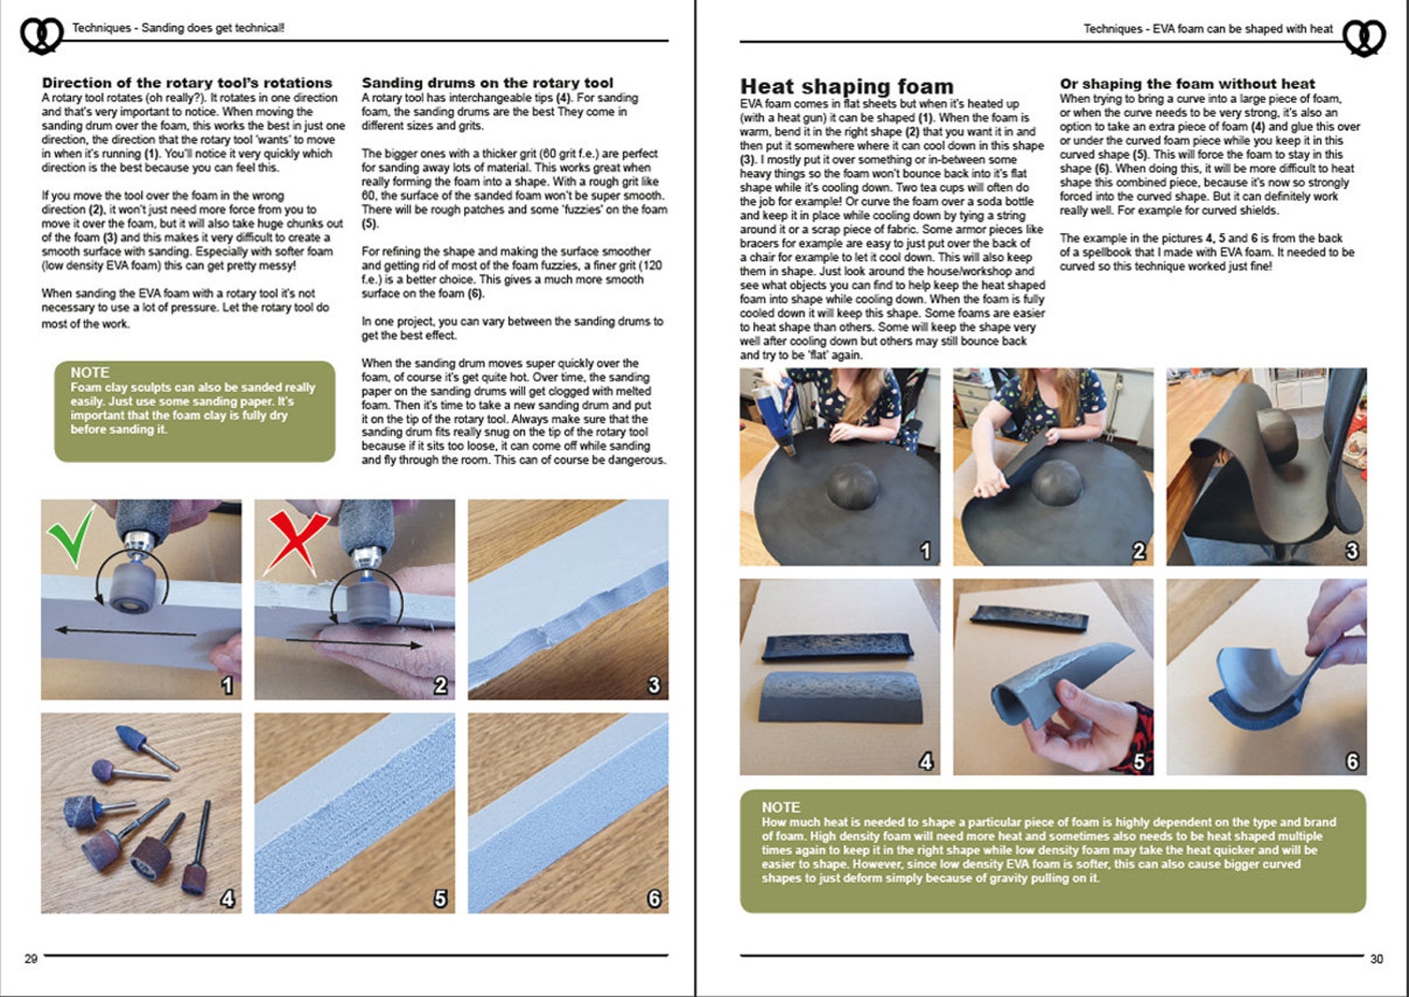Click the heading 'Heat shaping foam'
point(846,86)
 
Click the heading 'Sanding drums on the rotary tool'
point(487,82)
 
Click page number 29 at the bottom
point(31,959)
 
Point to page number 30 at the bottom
point(1376,959)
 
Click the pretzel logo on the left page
point(41,35)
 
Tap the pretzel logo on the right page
point(1364,37)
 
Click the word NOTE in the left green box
point(90,373)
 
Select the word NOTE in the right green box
point(781,807)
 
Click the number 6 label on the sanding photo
point(654,899)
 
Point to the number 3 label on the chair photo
point(1351,551)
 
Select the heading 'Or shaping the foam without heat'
point(1187,83)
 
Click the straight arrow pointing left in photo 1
point(124,632)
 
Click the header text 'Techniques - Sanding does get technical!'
point(178,28)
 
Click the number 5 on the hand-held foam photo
point(1138,761)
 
